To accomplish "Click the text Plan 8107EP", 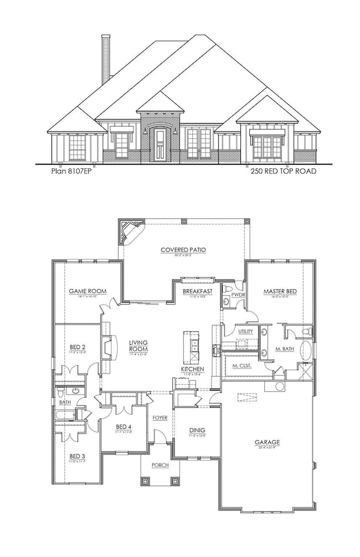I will (x=69, y=171).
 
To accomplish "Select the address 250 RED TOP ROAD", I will (x=283, y=171).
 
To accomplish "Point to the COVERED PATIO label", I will (x=183, y=250).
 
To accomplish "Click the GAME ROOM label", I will (x=88, y=291).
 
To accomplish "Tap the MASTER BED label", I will (x=279, y=291).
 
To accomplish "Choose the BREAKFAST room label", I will (x=198, y=291).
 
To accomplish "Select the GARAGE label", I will (x=267, y=442).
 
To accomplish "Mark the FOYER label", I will (x=160, y=417).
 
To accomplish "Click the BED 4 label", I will (x=123, y=427).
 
